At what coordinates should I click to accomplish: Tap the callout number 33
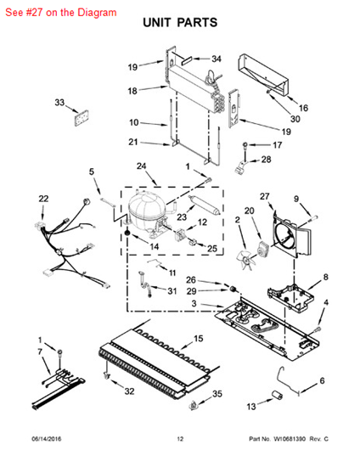(x=59, y=103)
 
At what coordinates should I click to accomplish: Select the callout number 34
(x=216, y=59)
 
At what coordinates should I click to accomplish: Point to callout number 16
(x=303, y=108)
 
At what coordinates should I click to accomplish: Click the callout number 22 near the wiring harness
(x=43, y=200)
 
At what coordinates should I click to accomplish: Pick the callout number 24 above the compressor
(x=141, y=166)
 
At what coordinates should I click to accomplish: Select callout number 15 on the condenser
(x=199, y=339)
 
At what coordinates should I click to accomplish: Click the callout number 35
(x=217, y=394)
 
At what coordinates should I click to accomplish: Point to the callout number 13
(x=251, y=407)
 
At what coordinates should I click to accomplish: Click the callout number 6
(x=322, y=380)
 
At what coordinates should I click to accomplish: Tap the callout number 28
(x=266, y=160)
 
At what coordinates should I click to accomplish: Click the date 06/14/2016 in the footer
(x=48, y=439)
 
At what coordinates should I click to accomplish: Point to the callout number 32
(x=129, y=391)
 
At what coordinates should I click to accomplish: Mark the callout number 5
(x=92, y=172)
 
